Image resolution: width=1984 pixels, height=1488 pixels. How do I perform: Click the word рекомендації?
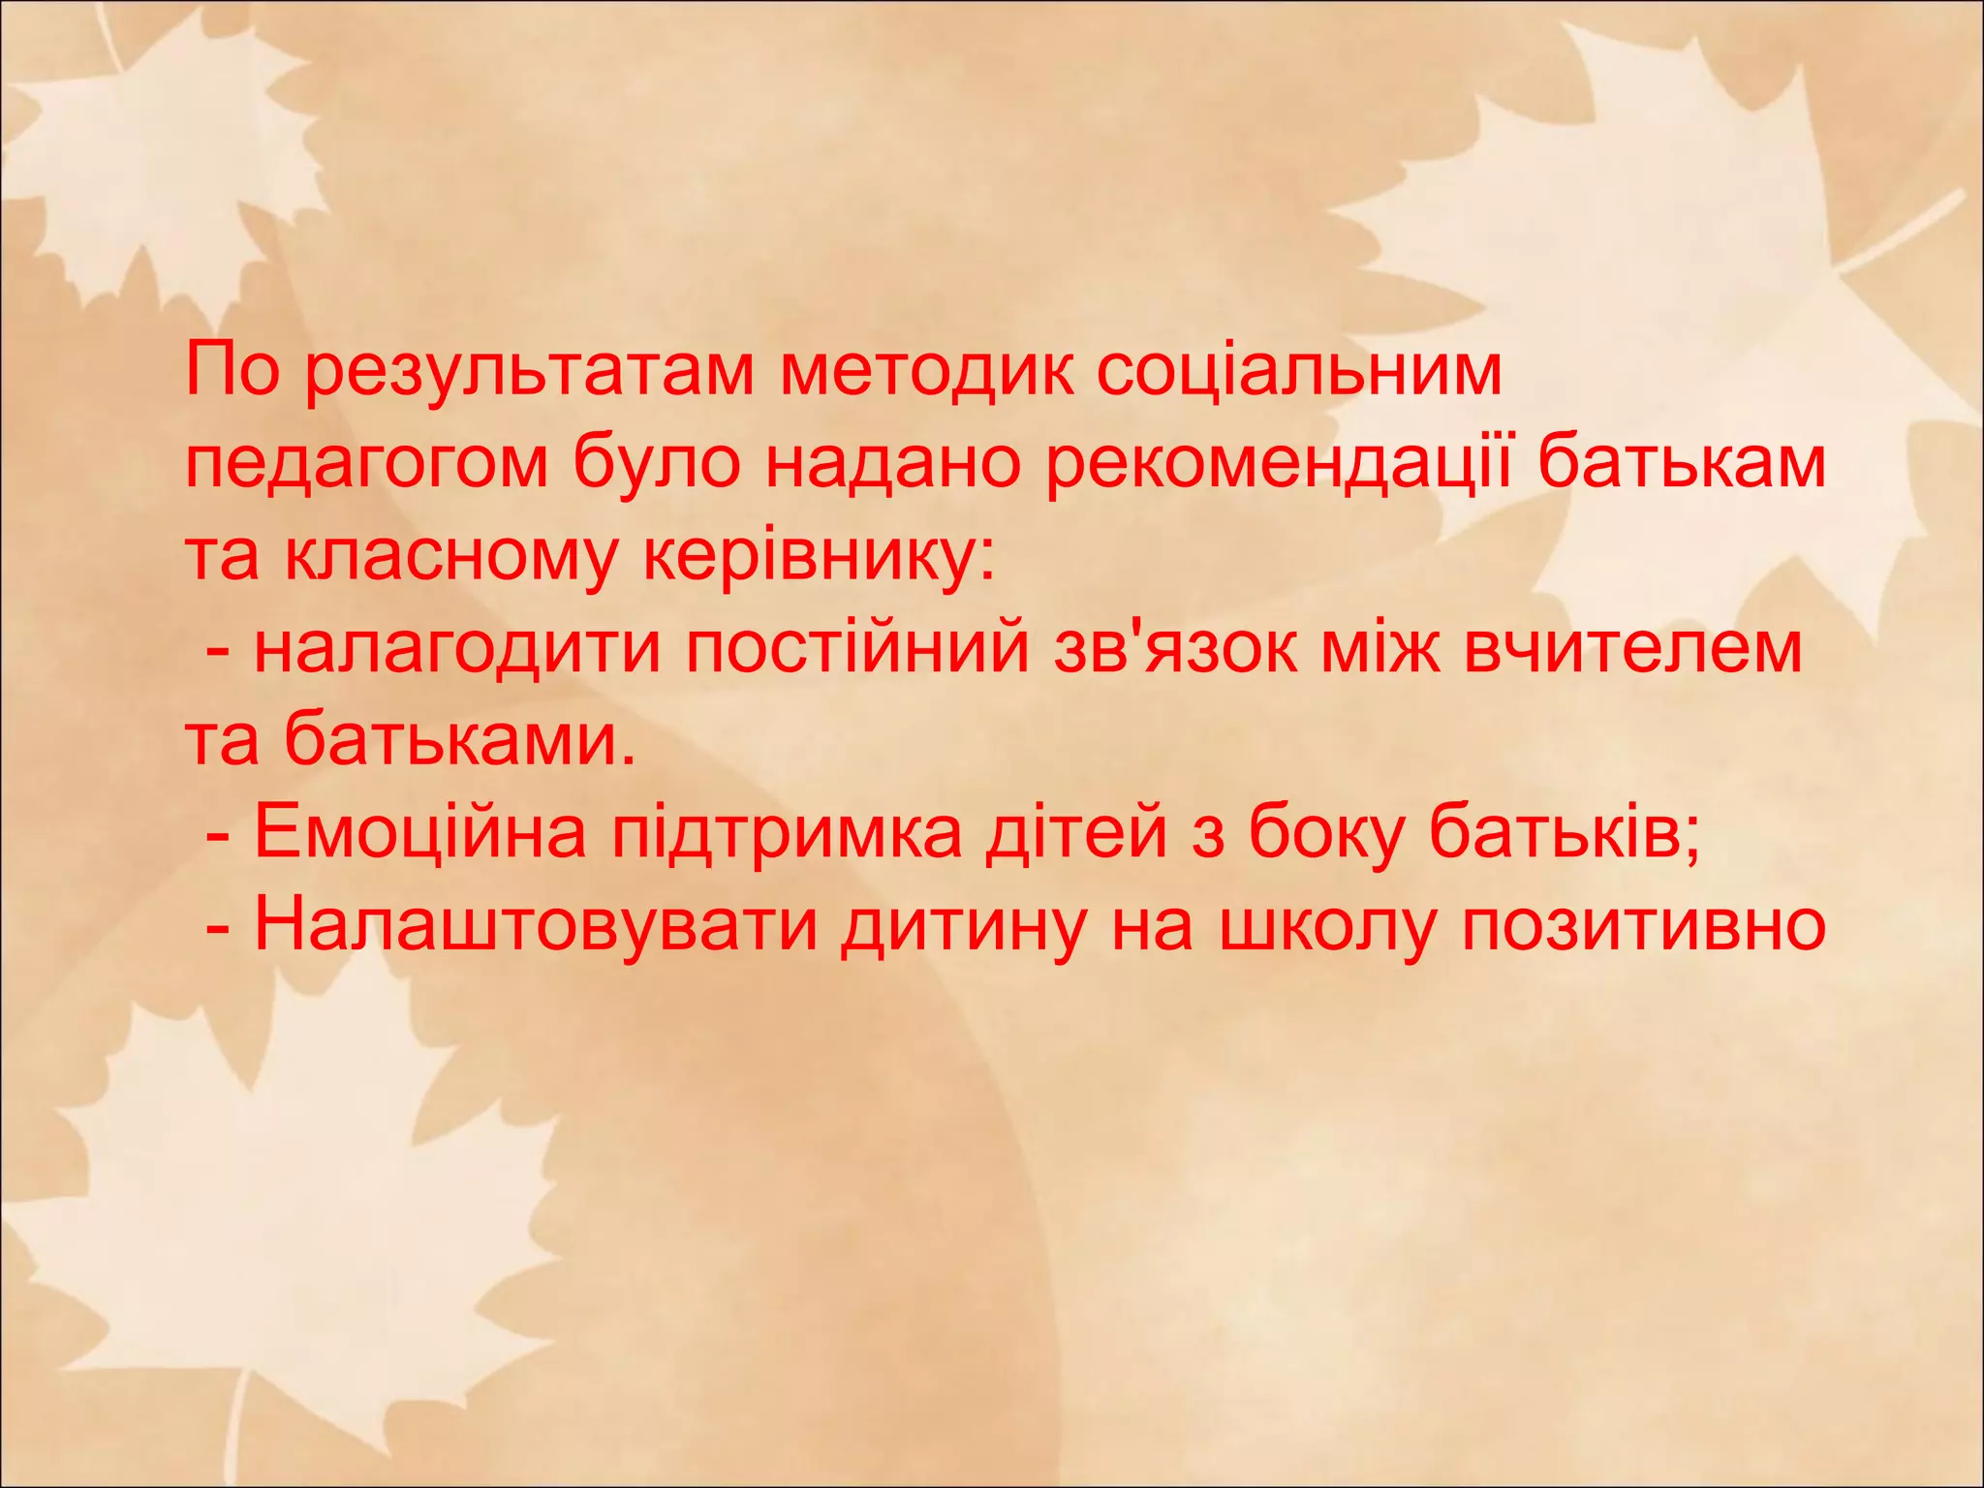pos(1278,465)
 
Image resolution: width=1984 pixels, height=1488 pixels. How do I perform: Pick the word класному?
pos(450,558)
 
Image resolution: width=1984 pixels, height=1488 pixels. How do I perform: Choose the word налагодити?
pos(458,649)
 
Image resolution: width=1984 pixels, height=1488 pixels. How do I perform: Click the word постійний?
pos(858,649)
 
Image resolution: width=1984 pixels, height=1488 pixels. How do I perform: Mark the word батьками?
pos(461,740)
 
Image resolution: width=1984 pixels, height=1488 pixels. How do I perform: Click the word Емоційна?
pos(420,833)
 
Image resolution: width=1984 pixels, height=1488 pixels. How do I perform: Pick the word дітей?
pos(1076,833)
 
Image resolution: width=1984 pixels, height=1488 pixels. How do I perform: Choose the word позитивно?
pos(1644,926)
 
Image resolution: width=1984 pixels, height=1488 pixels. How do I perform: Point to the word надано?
pos(892,465)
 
